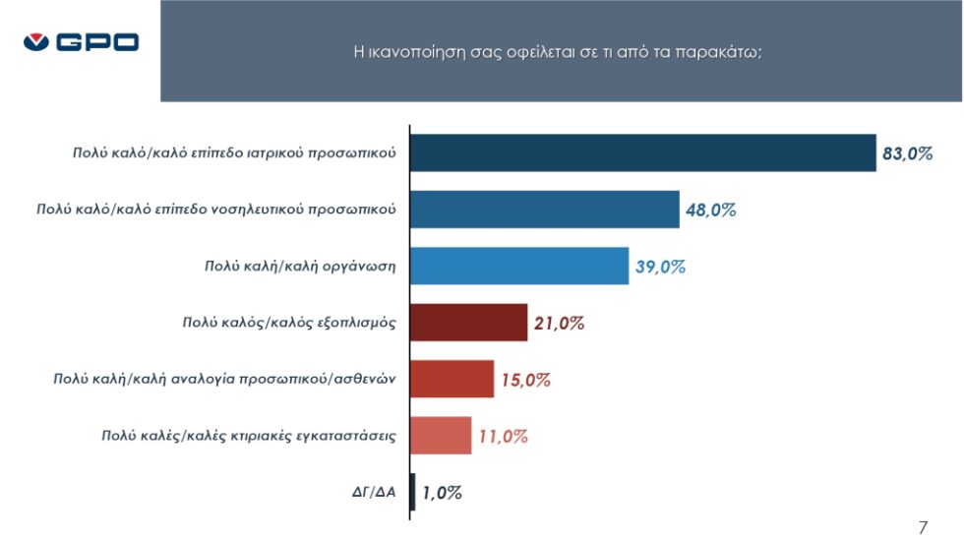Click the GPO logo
81,41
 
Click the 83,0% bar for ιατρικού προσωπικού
643,153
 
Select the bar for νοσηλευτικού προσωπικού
545,210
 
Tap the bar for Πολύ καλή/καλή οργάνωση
519,267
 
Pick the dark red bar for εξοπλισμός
469,323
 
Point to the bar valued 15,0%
452,379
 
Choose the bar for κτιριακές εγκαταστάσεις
441,436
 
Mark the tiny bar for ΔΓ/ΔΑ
412,492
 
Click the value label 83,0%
907,153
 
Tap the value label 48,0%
710,211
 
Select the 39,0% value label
660,267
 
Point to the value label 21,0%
559,324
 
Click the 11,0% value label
503,437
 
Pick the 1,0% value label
442,493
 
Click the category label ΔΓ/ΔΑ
374,492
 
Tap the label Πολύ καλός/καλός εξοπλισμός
289,323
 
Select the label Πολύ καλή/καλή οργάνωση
300,267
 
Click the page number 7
923,528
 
